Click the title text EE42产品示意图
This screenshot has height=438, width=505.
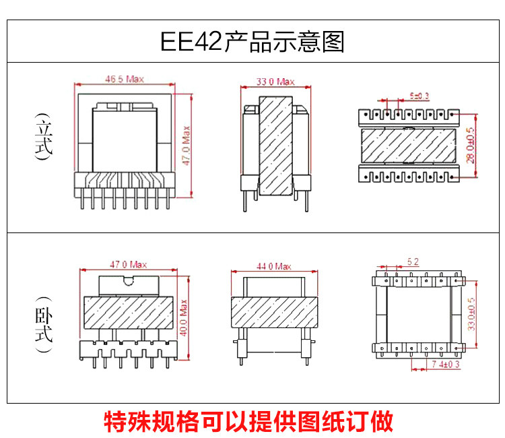[252, 41]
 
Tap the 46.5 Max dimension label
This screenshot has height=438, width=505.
[125, 80]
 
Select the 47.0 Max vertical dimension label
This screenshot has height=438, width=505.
[187, 144]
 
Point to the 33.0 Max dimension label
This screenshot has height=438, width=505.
[275, 82]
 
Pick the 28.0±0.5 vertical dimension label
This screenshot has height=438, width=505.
[469, 145]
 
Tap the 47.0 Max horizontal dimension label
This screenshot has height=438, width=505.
[128, 265]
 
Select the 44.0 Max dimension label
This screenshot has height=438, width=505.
[273, 267]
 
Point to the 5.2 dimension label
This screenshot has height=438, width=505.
[413, 261]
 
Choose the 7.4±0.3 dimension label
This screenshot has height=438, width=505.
[444, 364]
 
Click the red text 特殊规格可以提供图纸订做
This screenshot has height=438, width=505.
[248, 421]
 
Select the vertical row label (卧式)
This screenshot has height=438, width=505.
[44, 325]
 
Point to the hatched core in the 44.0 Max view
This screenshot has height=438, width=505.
[273, 313]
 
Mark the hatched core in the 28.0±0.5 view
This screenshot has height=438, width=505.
[412, 145]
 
